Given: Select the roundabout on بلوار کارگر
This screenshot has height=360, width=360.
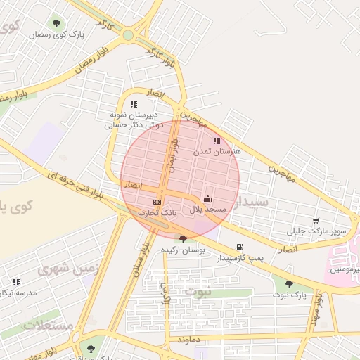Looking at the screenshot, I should tap(128, 34).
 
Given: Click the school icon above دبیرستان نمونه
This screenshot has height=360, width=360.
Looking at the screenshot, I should tap(134, 104).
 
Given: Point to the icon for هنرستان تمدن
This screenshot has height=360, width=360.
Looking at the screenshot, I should tap(216, 141).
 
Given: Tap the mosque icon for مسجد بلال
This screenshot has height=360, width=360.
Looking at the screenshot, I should tap(207, 199).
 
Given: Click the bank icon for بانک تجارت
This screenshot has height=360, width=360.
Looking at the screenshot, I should tap(157, 202).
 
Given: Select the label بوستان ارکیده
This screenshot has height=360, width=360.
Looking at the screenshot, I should tap(183, 250).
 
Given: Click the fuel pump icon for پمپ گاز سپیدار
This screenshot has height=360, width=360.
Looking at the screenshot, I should tap(240, 247).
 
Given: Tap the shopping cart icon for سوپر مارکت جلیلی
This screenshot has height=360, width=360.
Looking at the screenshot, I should tap(316, 221).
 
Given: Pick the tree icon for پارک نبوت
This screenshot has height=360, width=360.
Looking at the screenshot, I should tap(289, 284).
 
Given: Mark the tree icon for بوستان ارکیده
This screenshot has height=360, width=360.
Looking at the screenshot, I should tap(184, 238).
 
